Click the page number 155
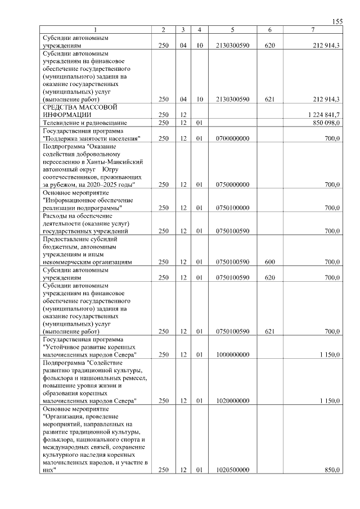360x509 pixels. point(337,21)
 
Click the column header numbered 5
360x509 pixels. point(232,30)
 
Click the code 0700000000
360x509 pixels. point(232,138)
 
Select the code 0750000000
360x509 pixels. point(232,184)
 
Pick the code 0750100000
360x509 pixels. point(232,208)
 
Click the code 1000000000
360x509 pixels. point(232,354)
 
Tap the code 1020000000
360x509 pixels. point(232,400)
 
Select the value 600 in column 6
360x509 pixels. point(269,262)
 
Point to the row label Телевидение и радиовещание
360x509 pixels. point(85,123)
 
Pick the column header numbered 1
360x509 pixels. point(96,30)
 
